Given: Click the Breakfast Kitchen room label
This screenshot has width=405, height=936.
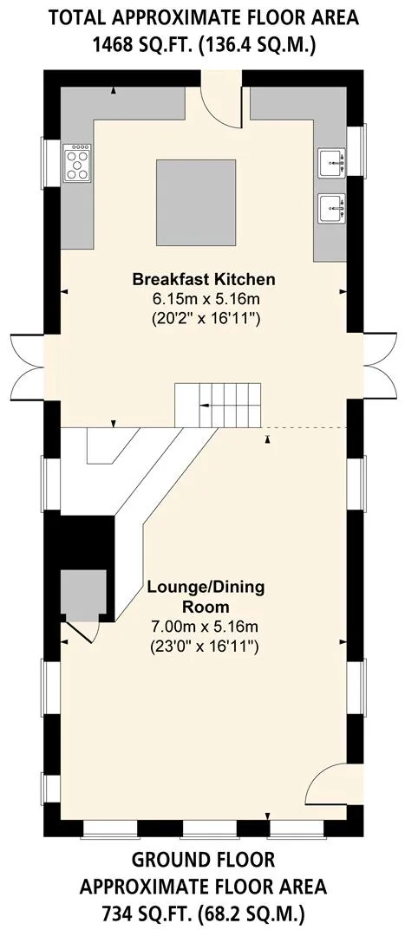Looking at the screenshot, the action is click(204, 279).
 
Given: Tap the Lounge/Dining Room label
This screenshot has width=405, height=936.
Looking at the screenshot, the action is click(206, 597).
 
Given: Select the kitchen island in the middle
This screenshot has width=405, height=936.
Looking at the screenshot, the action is click(197, 202).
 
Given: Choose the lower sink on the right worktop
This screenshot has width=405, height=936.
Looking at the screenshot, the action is click(333, 208).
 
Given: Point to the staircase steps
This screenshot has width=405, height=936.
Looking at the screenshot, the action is click(218, 406).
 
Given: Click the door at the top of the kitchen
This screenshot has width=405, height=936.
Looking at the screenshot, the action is click(222, 100).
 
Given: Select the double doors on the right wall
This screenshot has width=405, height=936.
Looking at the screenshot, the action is click(379, 366).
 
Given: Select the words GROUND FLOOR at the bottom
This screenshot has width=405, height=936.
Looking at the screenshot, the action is click(203, 861).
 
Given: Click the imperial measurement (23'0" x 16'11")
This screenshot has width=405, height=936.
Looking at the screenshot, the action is click(206, 646).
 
